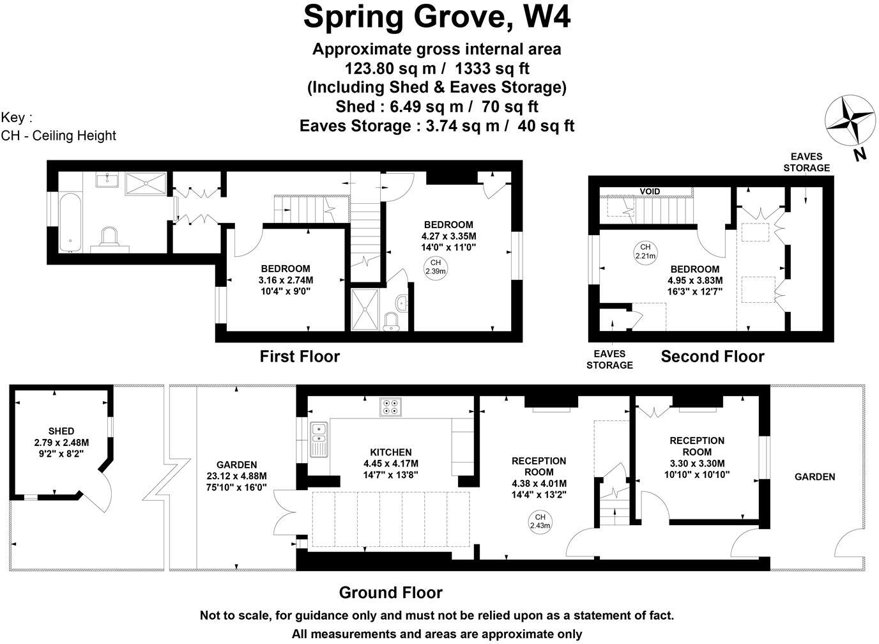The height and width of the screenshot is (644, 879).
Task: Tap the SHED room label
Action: click(61, 431)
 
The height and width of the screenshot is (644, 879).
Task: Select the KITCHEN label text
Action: click(390, 452)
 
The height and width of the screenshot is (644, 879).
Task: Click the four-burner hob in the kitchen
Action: click(390, 406)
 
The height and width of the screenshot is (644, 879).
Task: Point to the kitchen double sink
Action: click(319, 440)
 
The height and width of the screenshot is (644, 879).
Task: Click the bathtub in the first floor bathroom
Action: click(71, 222)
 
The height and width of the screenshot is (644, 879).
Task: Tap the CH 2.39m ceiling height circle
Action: click(436, 267)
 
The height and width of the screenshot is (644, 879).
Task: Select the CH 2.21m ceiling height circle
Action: click(645, 252)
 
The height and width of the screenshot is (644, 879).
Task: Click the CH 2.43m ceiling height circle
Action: click(540, 521)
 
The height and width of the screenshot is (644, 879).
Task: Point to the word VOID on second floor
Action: click(650, 191)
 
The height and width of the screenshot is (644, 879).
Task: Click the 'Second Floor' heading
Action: click(712, 356)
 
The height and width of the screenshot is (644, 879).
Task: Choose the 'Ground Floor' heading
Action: click(390, 593)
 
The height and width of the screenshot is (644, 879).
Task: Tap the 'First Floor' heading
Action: click(300, 356)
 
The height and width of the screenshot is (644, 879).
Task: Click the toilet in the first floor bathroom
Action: click(110, 240)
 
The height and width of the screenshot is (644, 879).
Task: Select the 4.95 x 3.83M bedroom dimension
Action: click(695, 280)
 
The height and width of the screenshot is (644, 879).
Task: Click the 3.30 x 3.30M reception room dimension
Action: click(696, 463)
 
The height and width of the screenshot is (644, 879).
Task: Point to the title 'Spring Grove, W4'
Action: click(437, 17)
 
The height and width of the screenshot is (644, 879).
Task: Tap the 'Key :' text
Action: click(17, 118)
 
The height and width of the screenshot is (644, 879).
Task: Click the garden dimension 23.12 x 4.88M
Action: click(236, 476)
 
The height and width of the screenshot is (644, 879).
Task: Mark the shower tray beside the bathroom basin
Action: click(146, 183)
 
